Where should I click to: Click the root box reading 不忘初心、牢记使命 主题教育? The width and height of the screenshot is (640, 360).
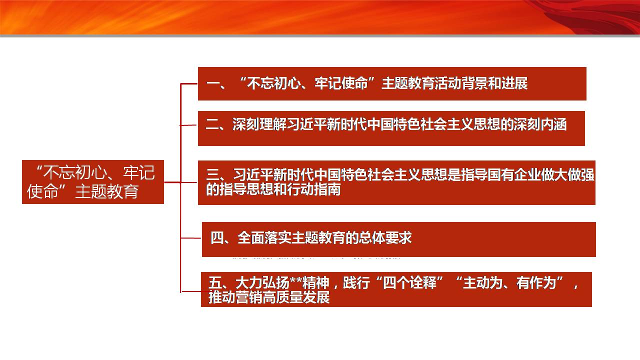tap(93, 182)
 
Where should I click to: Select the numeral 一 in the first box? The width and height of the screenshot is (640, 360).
tap(212, 83)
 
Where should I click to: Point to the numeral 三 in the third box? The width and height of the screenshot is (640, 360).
tap(212, 174)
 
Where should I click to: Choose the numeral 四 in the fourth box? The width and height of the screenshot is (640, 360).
tap(217, 237)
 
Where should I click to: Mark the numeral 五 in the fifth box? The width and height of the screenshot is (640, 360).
tap(215, 283)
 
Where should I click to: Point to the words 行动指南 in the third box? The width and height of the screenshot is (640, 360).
tap(314, 189)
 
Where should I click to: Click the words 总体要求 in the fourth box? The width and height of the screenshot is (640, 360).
tap(385, 237)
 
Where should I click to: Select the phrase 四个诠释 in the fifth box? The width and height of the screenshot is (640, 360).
tap(409, 283)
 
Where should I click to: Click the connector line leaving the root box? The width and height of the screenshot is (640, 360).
tap(172, 182)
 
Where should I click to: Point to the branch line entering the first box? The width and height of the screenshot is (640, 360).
tap(189, 83)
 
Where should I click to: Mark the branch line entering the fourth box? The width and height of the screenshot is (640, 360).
tap(191, 237)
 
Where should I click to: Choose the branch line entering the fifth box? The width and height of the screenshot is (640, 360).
tap(191, 291)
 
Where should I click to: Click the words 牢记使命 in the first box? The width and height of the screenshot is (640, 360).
tap(341, 83)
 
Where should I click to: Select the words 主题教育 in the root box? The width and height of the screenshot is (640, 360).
tap(107, 191)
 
